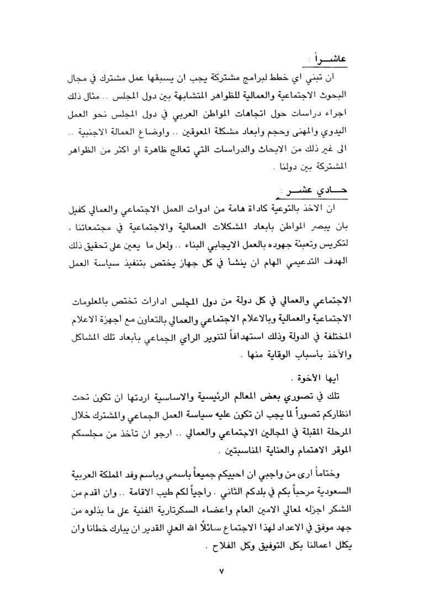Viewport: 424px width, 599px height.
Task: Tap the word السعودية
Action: [x=334, y=490]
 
